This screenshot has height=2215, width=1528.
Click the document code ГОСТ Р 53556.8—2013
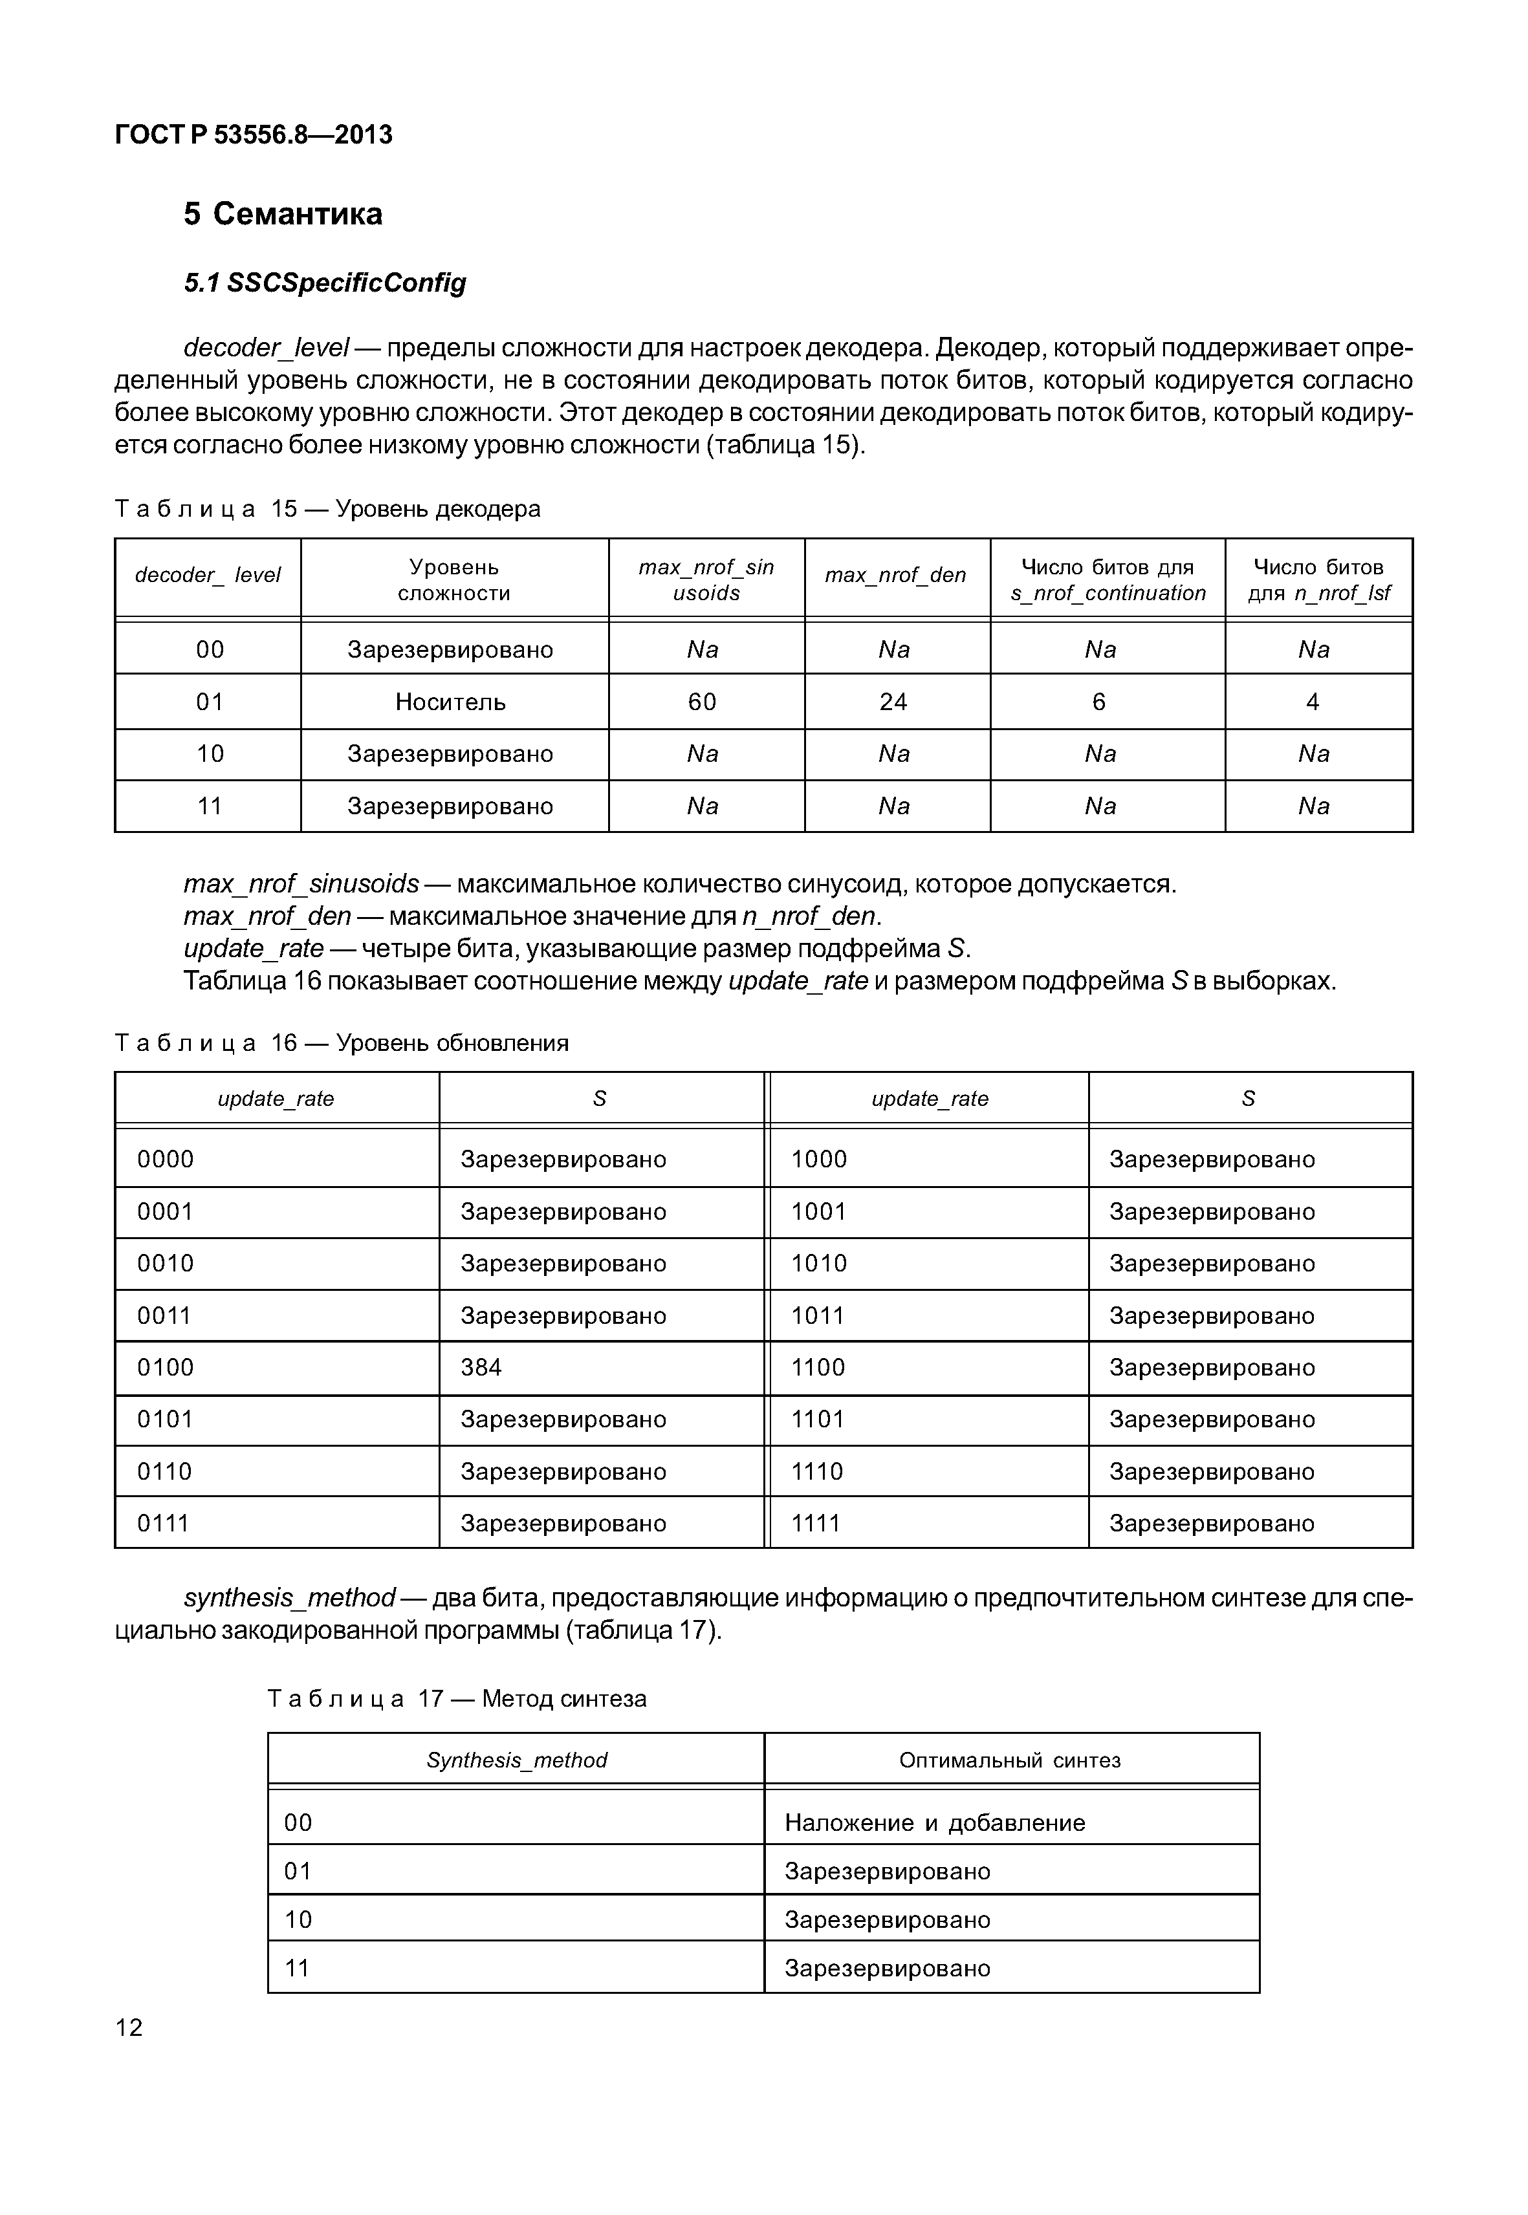coord(254,135)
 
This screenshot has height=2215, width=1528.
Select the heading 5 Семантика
coord(283,213)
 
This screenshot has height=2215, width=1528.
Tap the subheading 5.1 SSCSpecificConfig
coord(325,283)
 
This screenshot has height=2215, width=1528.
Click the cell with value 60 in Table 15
coord(702,702)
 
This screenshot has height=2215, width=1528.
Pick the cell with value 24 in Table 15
coord(893,702)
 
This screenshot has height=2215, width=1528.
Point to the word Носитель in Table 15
coord(450,702)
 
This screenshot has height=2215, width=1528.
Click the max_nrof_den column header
coord(895,576)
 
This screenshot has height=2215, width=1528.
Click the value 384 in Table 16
coord(481,1367)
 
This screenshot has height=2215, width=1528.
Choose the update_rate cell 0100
coord(166,1367)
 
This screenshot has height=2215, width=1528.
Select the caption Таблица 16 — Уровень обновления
coord(341,1043)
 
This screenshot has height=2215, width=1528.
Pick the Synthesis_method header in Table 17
coord(516,1760)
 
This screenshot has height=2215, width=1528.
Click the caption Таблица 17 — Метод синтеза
coord(457,1699)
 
